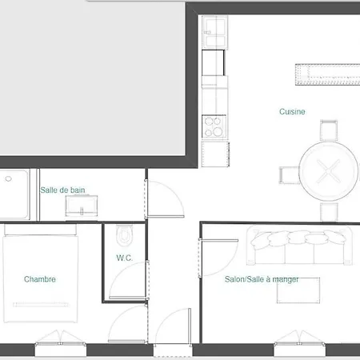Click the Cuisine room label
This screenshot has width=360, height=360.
pyautogui.click(x=292, y=111)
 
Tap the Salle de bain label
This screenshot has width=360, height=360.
pyautogui.click(x=62, y=190)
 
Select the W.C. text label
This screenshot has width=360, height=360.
pyautogui.click(x=124, y=258)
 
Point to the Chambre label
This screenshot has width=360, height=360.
pyautogui.click(x=40, y=279)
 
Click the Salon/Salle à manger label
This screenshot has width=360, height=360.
pyautogui.click(x=262, y=279)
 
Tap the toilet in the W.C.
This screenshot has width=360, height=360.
pyautogui.click(x=124, y=236)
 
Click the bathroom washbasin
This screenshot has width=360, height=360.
pyautogui.click(x=82, y=206)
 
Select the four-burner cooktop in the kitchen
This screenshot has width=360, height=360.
pyautogui.click(x=214, y=127)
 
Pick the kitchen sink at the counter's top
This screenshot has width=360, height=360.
pyautogui.click(x=214, y=32)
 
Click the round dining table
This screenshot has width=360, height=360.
pyautogui.click(x=329, y=171)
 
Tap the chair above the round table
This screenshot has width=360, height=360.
pyautogui.click(x=329, y=130)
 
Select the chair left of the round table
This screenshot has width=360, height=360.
pyautogui.click(x=290, y=175)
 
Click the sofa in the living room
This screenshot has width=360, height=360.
pyautogui.click(x=299, y=246)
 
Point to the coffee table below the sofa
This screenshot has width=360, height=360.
pyautogui.click(x=298, y=290)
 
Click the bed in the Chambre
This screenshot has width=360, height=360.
pyautogui.click(x=40, y=274)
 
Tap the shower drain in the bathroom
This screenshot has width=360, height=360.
pyautogui.click(x=9, y=178)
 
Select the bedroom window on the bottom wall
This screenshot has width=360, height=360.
pyautogui.click(x=61, y=344)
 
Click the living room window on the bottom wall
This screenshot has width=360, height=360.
pyautogui.click(x=299, y=344)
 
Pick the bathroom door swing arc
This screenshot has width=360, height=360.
pyautogui.click(x=174, y=191)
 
